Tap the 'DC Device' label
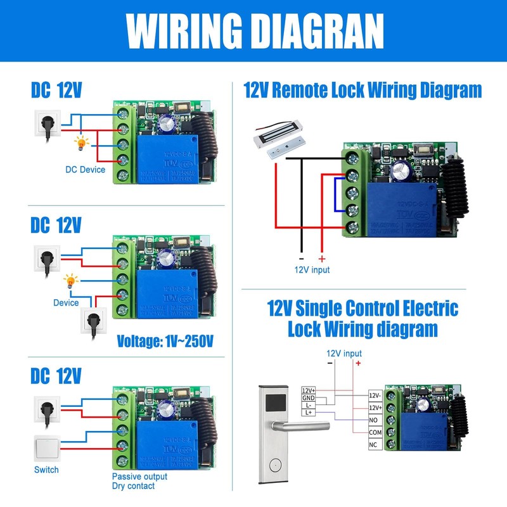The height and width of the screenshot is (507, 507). (85, 169)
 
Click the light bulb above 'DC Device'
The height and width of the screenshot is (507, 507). (81, 143)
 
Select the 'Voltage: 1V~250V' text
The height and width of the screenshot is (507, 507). (165, 341)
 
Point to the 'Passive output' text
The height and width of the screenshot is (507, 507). (139, 476)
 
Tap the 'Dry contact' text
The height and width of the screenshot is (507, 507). (133, 486)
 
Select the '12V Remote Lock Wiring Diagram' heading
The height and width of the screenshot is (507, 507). (363, 90)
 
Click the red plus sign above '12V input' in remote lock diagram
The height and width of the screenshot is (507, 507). (321, 259)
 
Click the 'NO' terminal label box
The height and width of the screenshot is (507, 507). (375, 420)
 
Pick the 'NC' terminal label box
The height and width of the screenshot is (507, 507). (375, 445)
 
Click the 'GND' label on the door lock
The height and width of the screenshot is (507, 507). (309, 397)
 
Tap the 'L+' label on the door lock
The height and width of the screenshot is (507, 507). (309, 413)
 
